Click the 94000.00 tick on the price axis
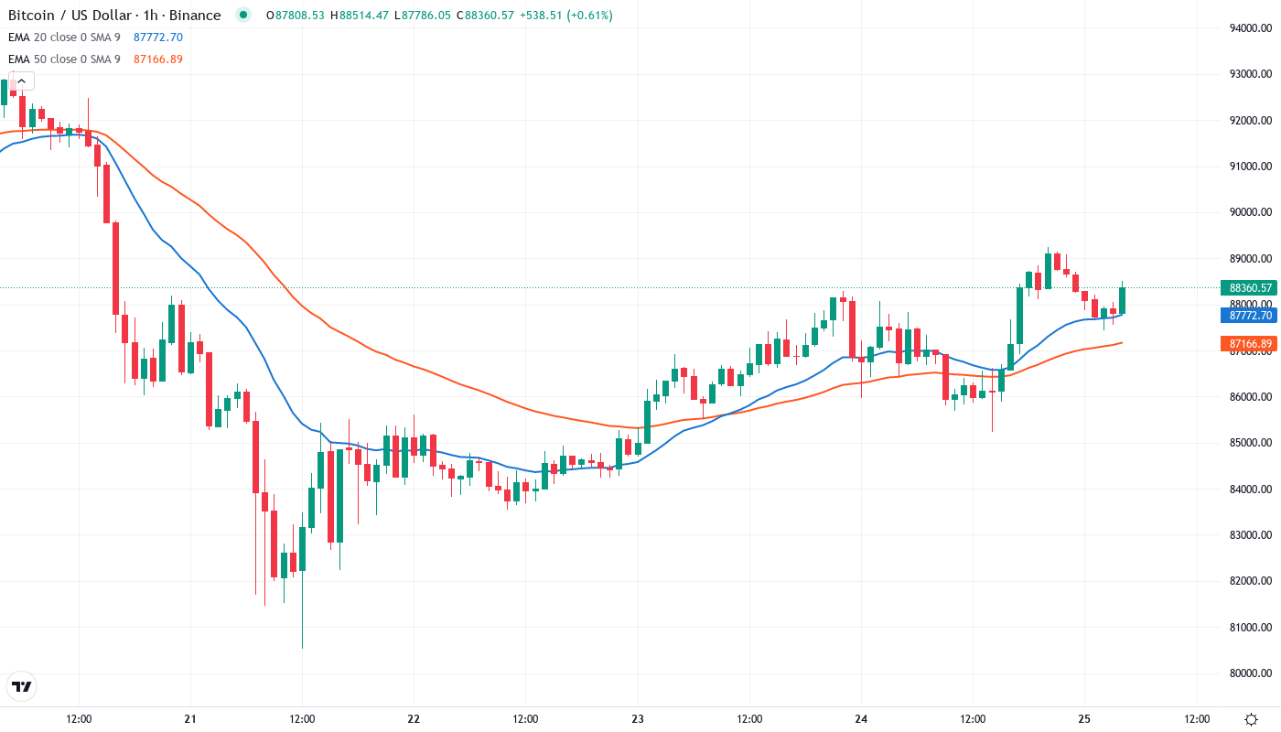[x=1251, y=27]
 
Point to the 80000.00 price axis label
[x=1251, y=673]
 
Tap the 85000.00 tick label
[x=1251, y=443]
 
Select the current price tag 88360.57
[x=1250, y=287]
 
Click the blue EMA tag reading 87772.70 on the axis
[x=1250, y=316]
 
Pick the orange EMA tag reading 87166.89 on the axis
[x=1250, y=344]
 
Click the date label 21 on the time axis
[x=190, y=719]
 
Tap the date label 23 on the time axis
[x=638, y=719]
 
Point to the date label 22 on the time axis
[x=414, y=719]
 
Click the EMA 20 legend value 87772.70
[x=158, y=38]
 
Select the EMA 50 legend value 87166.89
[x=158, y=59]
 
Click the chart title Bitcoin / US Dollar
[x=70, y=16]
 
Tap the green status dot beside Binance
[x=242, y=15]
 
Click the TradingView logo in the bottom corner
[x=21, y=686]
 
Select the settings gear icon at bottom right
[x=1251, y=719]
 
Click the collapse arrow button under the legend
[x=21, y=81]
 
